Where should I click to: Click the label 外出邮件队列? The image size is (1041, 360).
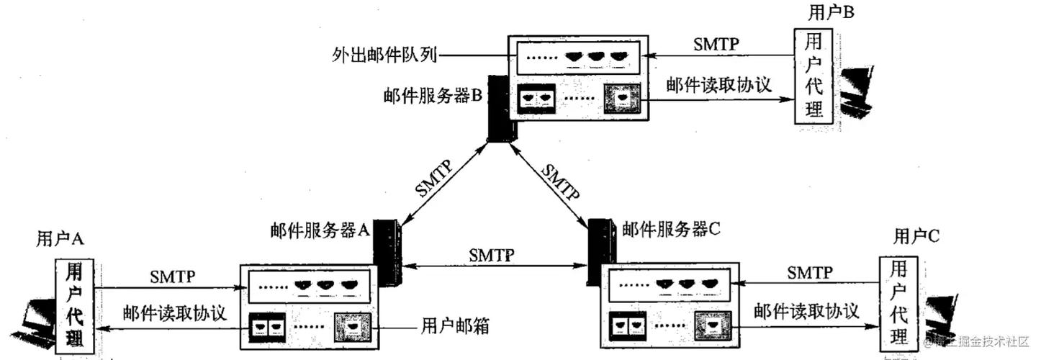coord(385,54)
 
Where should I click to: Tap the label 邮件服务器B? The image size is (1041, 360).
coord(433,96)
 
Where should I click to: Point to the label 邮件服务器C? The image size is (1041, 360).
coord(670,230)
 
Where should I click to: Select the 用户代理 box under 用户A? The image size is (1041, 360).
coord(73,307)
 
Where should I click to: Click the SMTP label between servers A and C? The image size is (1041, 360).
coord(492,255)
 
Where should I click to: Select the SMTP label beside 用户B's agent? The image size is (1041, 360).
coord(716,43)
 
